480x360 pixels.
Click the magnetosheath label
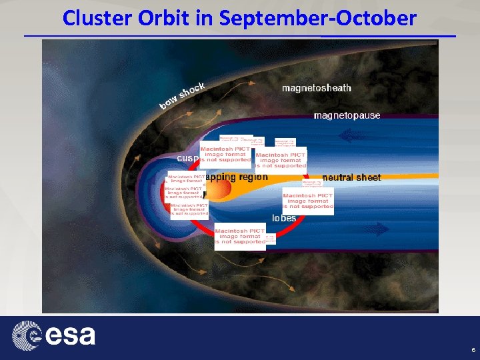317,88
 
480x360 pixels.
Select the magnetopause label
347,115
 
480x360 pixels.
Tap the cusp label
187,158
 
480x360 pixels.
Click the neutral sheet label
351,177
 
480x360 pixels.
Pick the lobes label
284,218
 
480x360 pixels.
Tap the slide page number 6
473,350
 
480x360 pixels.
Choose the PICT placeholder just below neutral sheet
307,201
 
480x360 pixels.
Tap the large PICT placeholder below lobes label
239,236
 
